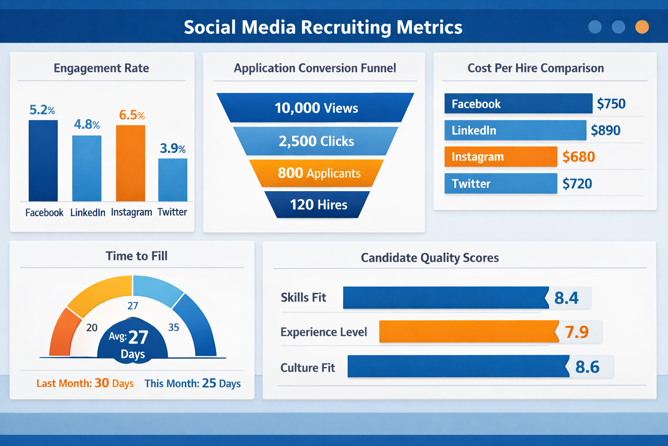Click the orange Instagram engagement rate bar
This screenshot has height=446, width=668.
(130, 163)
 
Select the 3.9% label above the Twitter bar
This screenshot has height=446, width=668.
(173, 149)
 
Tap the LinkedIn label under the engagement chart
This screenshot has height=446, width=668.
(87, 213)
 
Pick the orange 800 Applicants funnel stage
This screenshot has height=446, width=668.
(317, 173)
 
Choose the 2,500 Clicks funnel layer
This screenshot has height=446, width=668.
(316, 141)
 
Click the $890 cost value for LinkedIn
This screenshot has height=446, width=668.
(605, 130)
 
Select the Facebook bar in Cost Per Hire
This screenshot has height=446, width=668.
(518, 104)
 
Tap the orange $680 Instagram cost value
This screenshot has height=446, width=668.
(578, 157)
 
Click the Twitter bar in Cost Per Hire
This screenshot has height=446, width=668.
(500, 183)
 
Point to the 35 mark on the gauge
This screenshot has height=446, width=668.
(174, 328)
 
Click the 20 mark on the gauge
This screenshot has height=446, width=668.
(92, 328)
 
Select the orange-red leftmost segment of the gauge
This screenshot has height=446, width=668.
(61, 333)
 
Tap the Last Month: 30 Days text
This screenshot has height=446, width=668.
(85, 383)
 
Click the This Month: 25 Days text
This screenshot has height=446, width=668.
(192, 383)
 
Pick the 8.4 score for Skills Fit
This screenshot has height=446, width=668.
(566, 298)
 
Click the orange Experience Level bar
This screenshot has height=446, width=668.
(468, 332)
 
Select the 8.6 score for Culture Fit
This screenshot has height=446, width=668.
(587, 367)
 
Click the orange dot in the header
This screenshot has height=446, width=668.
(642, 27)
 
